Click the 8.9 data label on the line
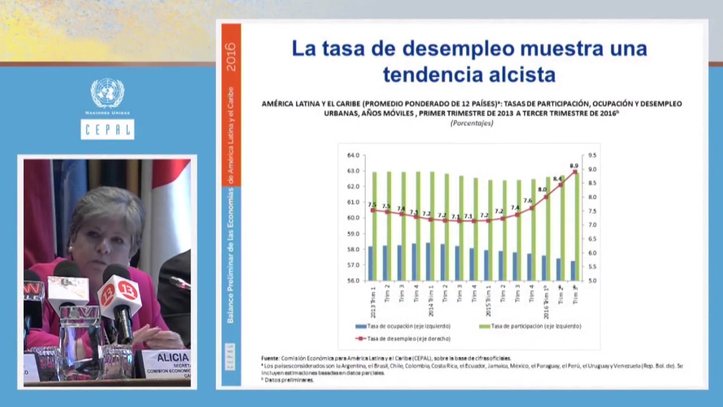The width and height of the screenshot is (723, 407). point(574,166)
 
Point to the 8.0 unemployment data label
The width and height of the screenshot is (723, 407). point(542,190)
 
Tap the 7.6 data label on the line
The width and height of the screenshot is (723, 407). point(528,201)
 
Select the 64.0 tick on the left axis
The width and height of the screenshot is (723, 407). point(353,155)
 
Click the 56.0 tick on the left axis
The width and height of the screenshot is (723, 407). point(353,280)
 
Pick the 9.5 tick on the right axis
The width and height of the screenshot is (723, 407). point(592,155)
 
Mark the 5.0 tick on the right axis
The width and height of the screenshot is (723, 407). point(592,280)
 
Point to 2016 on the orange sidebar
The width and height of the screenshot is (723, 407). point(231,57)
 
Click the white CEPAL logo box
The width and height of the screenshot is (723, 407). point(107,129)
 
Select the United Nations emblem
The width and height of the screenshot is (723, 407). point(107,93)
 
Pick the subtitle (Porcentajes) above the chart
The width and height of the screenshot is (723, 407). point(472,123)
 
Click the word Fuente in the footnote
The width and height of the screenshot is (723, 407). point(270,358)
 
